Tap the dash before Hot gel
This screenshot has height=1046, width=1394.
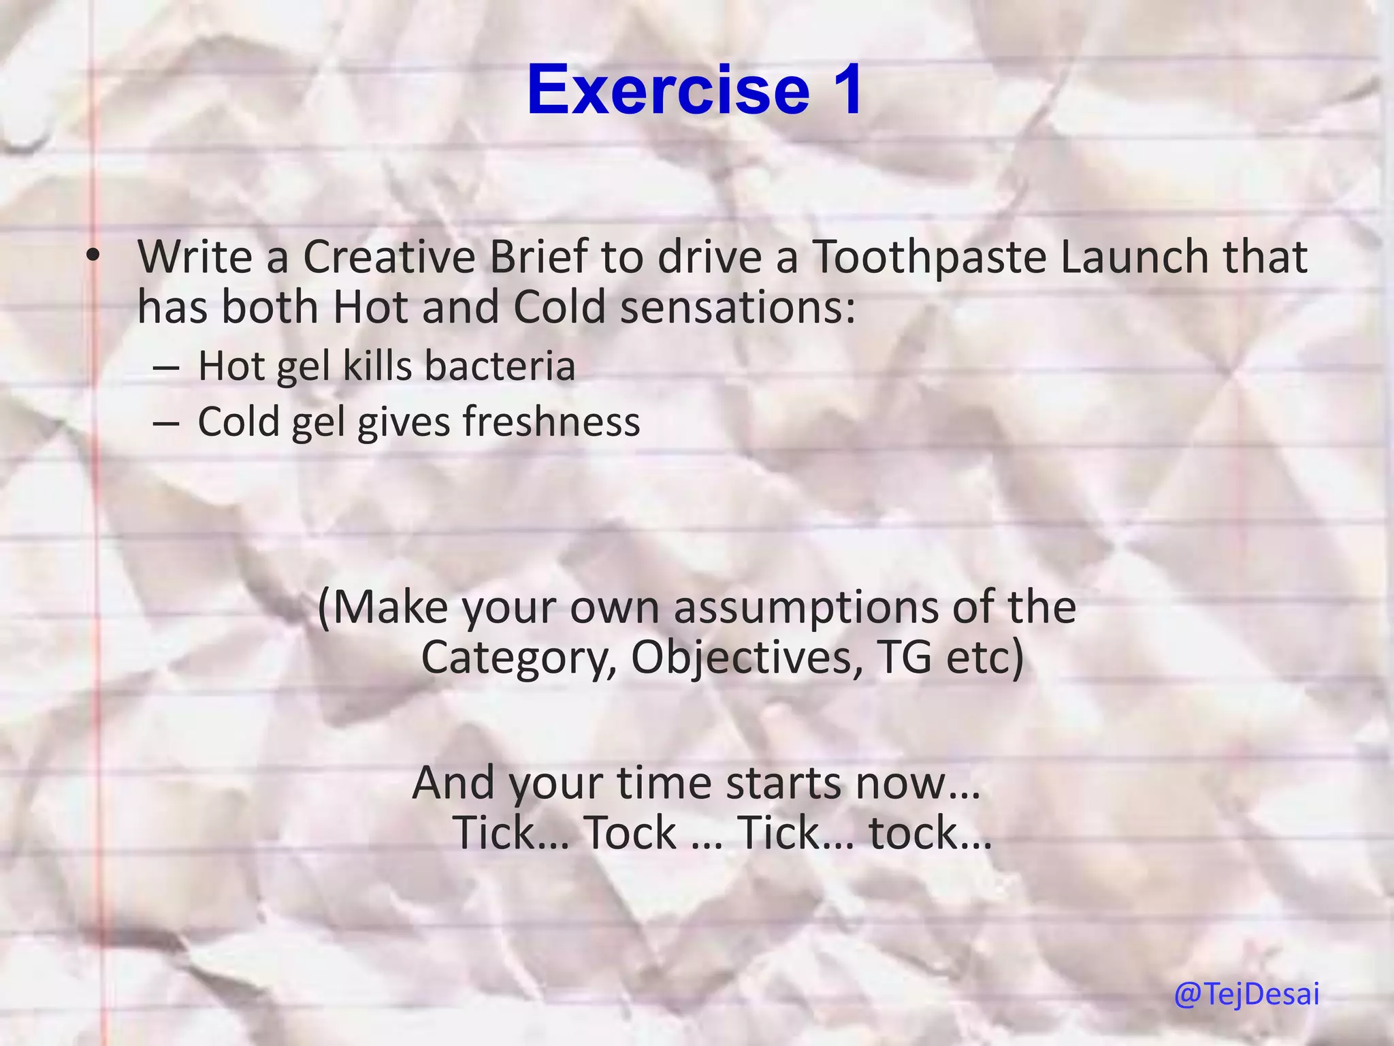[167, 368]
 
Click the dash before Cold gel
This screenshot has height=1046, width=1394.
[167, 424]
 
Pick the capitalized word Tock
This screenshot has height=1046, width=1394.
[630, 833]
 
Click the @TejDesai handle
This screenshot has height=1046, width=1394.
[1246, 995]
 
